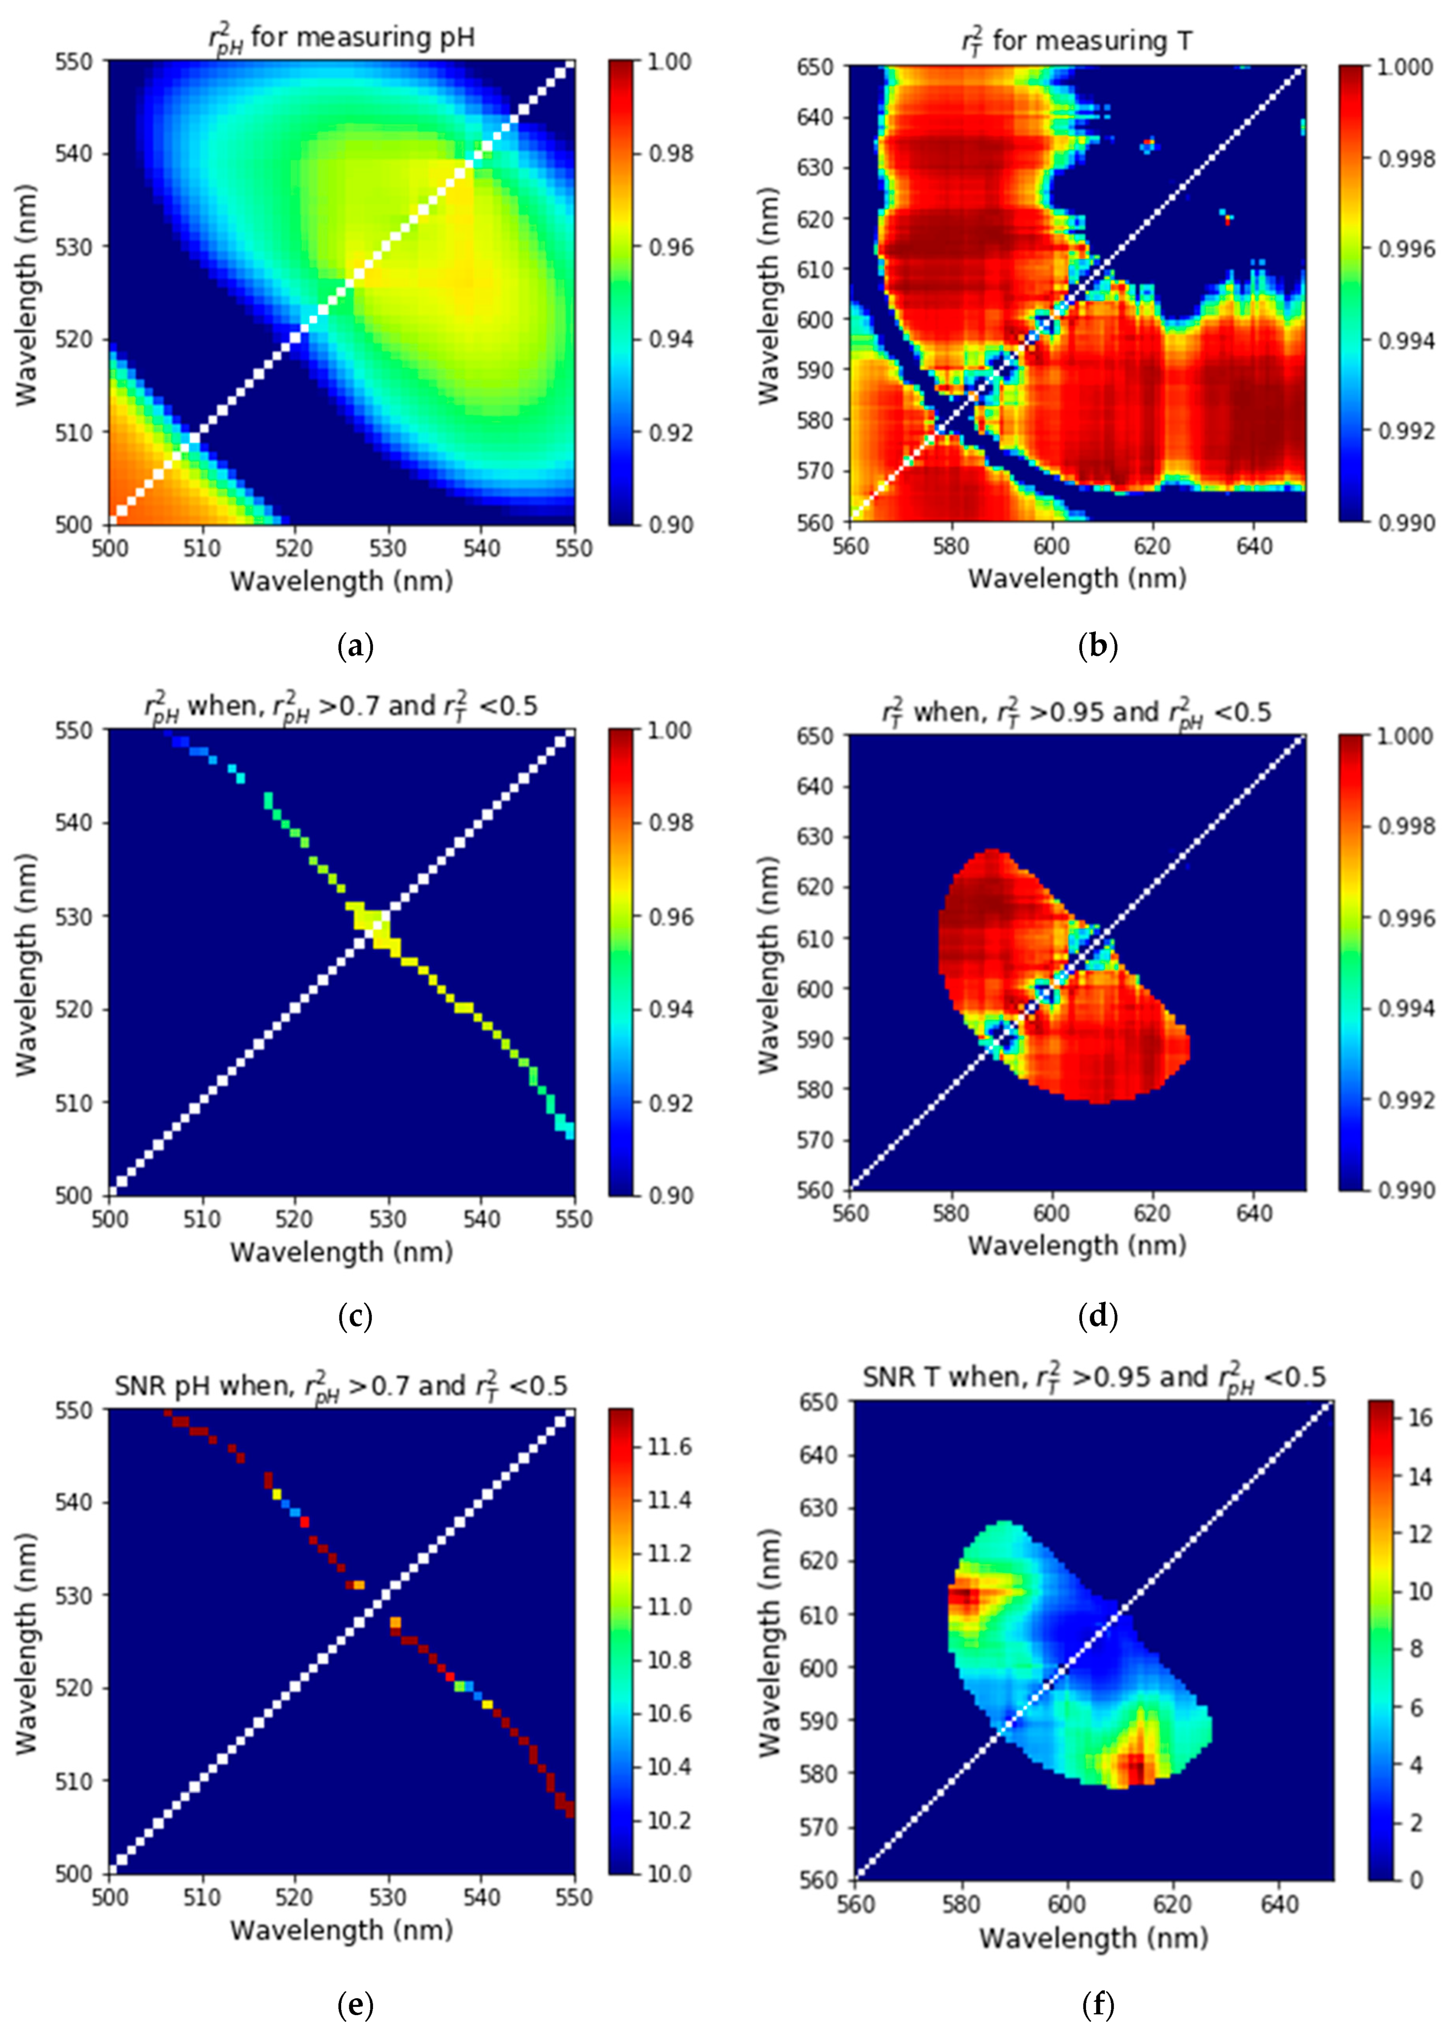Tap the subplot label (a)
coord(355,645)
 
